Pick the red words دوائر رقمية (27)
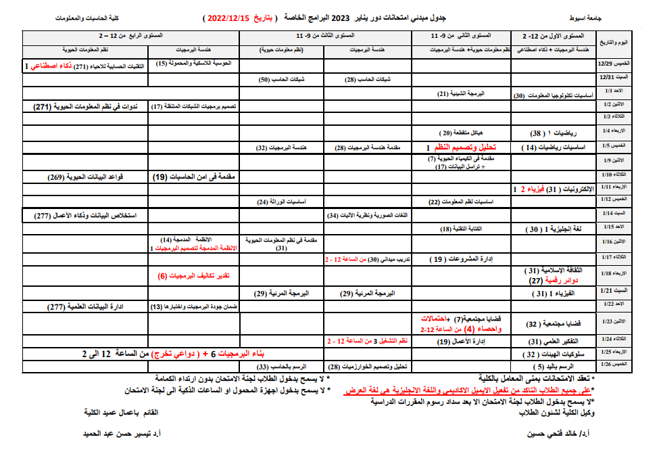pyautogui.click(x=546, y=280)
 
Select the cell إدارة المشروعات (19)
pyautogui.click(x=460, y=258)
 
